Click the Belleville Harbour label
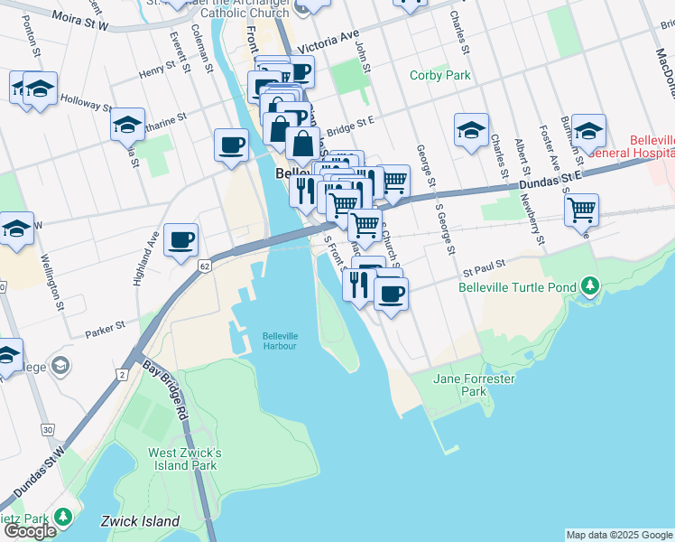(x=280, y=341)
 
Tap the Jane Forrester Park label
(x=474, y=385)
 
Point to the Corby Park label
(x=440, y=76)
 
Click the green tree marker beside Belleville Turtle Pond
(x=590, y=287)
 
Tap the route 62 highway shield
(x=205, y=266)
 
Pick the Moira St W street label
(x=79, y=20)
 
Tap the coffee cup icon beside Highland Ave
(x=181, y=240)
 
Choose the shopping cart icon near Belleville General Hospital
(x=582, y=210)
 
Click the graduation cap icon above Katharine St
(x=127, y=124)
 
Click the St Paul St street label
(x=481, y=268)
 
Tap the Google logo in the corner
(x=30, y=531)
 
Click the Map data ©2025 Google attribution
(x=619, y=535)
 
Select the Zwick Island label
(x=140, y=521)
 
